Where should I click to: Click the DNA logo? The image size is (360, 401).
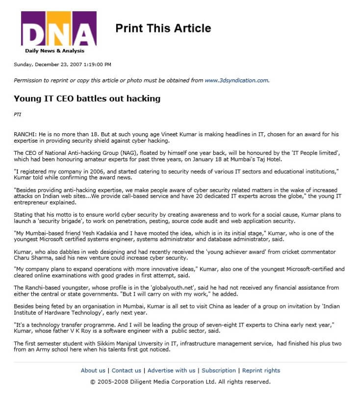tap(58, 29)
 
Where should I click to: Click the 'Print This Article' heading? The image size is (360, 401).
tap(163, 28)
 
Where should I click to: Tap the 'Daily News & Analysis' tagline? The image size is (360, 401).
tap(54, 51)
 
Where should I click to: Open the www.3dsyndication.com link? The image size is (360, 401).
tap(236, 80)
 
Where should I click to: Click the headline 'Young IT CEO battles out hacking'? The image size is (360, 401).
tap(87, 99)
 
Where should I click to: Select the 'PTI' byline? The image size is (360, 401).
tap(18, 115)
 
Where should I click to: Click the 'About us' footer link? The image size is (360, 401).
tap(93, 371)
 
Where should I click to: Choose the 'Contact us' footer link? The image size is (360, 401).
tap(127, 371)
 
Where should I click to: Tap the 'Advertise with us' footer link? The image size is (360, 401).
tap(171, 371)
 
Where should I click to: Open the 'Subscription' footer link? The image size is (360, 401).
tap(219, 371)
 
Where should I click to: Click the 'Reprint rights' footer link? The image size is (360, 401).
tap(261, 371)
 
